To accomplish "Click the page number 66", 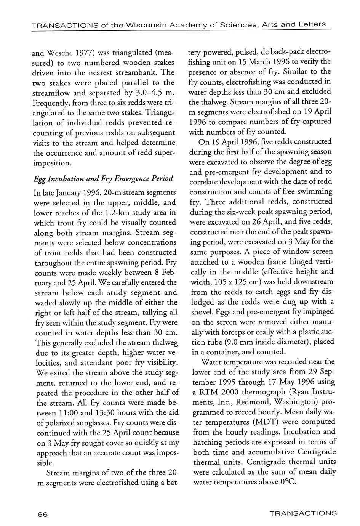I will pos(42,514).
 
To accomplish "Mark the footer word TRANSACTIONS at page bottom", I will pos(303,513).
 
